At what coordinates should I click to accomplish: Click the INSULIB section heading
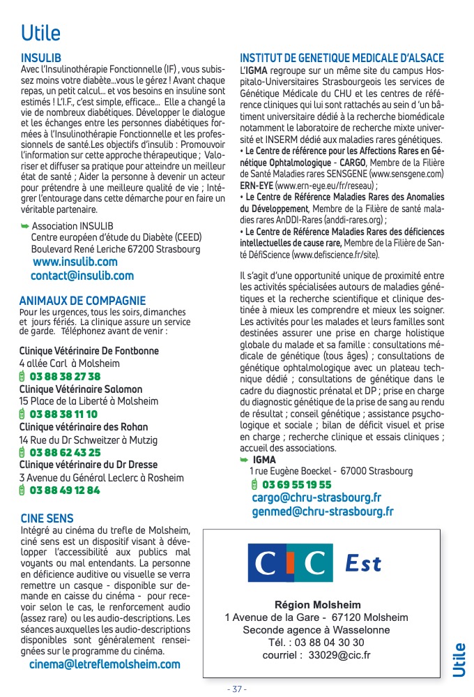[x=41, y=57]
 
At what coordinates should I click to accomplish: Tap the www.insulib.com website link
[x=75, y=262]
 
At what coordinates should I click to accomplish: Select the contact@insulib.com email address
[x=82, y=276]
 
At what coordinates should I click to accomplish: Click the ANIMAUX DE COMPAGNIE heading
[x=82, y=301]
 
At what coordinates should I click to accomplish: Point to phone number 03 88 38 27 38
[x=65, y=376]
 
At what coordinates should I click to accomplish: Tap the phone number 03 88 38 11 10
[x=63, y=414]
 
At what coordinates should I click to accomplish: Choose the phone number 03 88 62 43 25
[x=65, y=452]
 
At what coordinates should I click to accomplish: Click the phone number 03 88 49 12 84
[x=65, y=490]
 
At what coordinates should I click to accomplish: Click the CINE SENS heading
[x=47, y=518]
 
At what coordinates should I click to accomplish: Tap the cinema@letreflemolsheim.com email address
[x=105, y=664]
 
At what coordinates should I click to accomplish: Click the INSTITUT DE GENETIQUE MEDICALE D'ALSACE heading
[x=342, y=58]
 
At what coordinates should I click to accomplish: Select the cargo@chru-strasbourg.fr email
[x=316, y=497]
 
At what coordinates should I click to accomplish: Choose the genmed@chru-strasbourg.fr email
[x=323, y=511]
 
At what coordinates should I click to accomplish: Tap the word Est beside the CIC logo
[x=362, y=563]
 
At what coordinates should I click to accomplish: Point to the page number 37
[x=237, y=689]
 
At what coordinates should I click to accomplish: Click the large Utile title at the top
[x=40, y=32]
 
